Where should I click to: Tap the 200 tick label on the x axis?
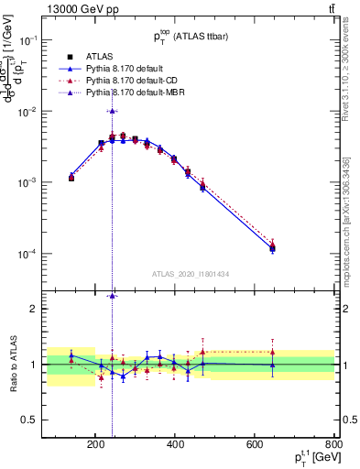(95, 447)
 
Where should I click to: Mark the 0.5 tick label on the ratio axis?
(54, 420)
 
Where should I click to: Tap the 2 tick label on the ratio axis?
(59, 309)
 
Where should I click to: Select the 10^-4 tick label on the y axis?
(50, 254)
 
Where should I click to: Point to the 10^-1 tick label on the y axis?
(50, 40)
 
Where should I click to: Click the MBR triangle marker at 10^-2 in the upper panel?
(112, 111)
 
